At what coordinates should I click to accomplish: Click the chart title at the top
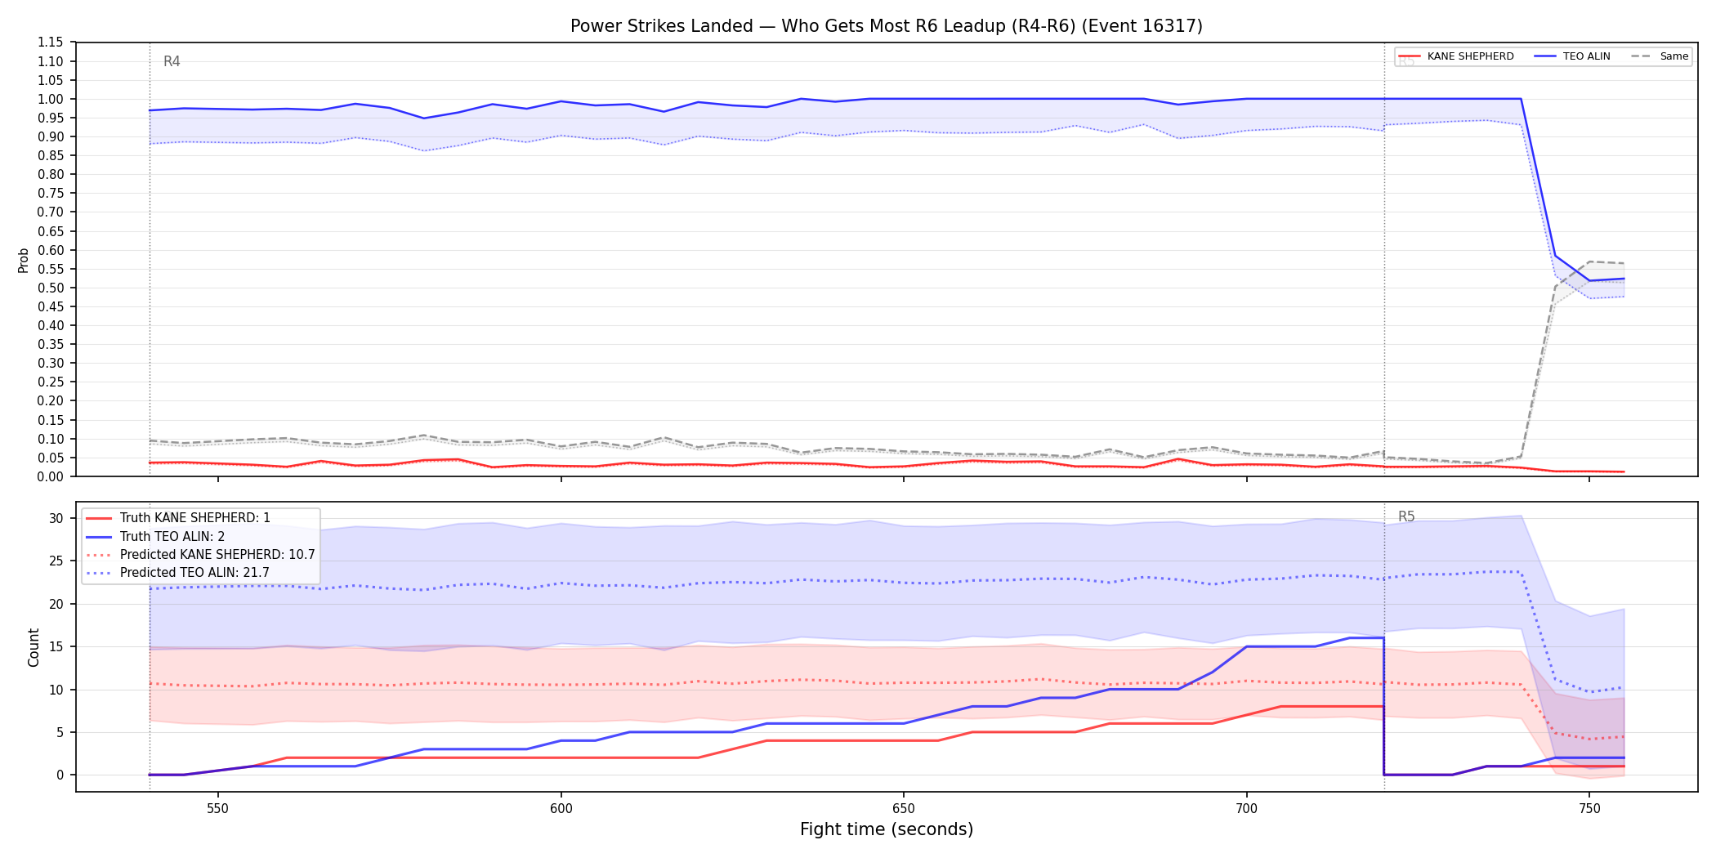click(x=887, y=26)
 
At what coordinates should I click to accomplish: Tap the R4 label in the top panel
click(x=172, y=61)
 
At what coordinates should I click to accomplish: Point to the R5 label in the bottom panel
click(x=1406, y=516)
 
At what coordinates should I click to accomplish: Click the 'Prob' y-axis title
click(x=24, y=260)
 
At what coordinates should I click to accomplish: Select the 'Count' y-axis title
click(x=34, y=647)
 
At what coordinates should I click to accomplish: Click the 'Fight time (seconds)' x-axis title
click(x=887, y=829)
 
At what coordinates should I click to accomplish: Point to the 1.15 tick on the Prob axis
click(x=51, y=42)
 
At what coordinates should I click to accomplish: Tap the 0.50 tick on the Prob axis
click(x=51, y=288)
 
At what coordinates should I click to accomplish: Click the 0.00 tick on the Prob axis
click(x=51, y=476)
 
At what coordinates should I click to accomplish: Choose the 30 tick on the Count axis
click(x=56, y=518)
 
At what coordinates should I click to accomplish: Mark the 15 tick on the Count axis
click(x=56, y=646)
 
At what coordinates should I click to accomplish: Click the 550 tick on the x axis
click(x=218, y=809)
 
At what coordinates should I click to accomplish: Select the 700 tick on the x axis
click(x=1246, y=809)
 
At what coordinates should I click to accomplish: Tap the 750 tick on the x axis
click(x=1589, y=809)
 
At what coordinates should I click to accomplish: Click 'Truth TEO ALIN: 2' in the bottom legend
click(x=172, y=536)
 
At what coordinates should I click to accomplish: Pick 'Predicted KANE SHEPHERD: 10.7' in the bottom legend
click(x=217, y=554)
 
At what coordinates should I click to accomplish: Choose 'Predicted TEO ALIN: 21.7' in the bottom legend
click(x=194, y=572)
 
